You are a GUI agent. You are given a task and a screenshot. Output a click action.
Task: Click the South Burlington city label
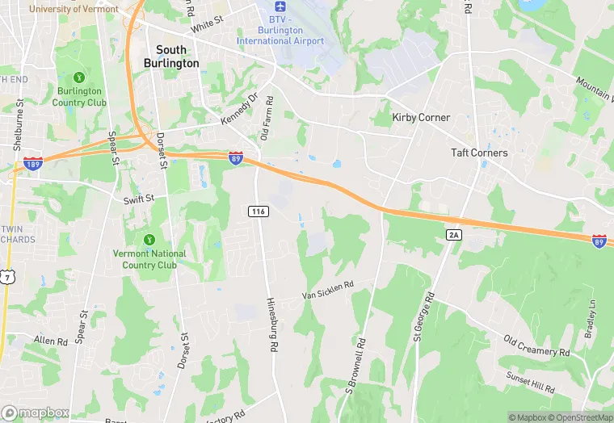[x=170, y=56]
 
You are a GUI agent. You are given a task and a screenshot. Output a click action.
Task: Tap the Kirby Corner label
[x=420, y=117]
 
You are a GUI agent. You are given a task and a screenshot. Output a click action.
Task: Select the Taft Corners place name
[x=479, y=153]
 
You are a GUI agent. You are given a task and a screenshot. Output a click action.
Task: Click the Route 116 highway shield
[x=258, y=211]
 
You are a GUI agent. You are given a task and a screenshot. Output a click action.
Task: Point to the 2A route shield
[x=452, y=234]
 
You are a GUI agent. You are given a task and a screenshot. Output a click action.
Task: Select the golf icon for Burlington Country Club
[x=79, y=77]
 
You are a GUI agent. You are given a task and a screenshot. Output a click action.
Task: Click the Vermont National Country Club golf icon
[x=149, y=240]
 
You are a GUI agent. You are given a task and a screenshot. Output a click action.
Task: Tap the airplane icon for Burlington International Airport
[x=280, y=18]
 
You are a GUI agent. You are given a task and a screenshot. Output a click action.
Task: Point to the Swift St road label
[x=138, y=198]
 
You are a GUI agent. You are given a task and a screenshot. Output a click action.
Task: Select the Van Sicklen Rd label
[x=329, y=291]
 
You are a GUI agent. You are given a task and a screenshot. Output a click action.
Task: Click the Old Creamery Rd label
[x=536, y=346]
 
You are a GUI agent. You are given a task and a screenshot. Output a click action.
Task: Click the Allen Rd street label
[x=51, y=341]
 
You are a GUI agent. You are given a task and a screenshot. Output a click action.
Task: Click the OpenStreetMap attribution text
[x=578, y=417]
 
